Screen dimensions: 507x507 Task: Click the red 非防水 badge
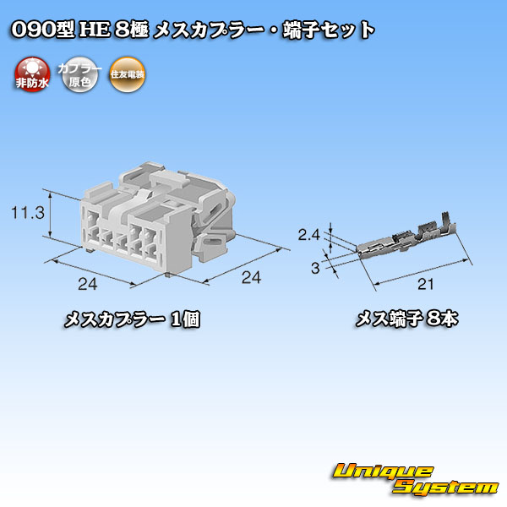32,74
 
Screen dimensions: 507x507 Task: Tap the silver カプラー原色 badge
79,74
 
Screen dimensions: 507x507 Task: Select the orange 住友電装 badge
127,74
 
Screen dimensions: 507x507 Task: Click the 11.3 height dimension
28,213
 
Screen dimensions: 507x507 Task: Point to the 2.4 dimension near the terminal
308,235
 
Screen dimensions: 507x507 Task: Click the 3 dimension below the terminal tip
315,268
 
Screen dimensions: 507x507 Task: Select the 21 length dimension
425,284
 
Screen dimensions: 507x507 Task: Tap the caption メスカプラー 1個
132,319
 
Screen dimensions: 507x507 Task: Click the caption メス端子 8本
406,319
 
